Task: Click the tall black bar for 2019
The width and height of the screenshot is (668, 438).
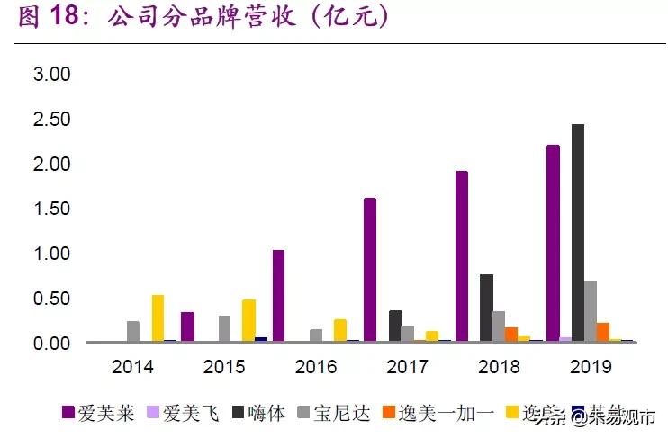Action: (577, 233)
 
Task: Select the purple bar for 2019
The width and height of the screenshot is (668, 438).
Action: (553, 244)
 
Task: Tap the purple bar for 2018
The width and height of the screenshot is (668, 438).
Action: (461, 256)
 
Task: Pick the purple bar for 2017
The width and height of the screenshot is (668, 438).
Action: (370, 270)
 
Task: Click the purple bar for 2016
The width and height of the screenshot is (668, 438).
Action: (278, 296)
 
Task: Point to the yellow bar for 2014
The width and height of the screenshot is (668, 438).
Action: (158, 318)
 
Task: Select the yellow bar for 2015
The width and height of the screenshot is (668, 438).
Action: (248, 320)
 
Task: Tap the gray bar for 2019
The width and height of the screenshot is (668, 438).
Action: (590, 311)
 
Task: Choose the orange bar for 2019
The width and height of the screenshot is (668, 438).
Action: (602, 332)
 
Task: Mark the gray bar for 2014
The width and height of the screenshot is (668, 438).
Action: (133, 331)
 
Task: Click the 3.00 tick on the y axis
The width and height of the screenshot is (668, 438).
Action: (51, 75)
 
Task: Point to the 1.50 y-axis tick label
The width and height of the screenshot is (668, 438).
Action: (51, 209)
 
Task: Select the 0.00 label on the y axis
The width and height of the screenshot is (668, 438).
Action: (51, 343)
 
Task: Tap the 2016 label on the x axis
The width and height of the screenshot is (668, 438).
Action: (315, 366)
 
